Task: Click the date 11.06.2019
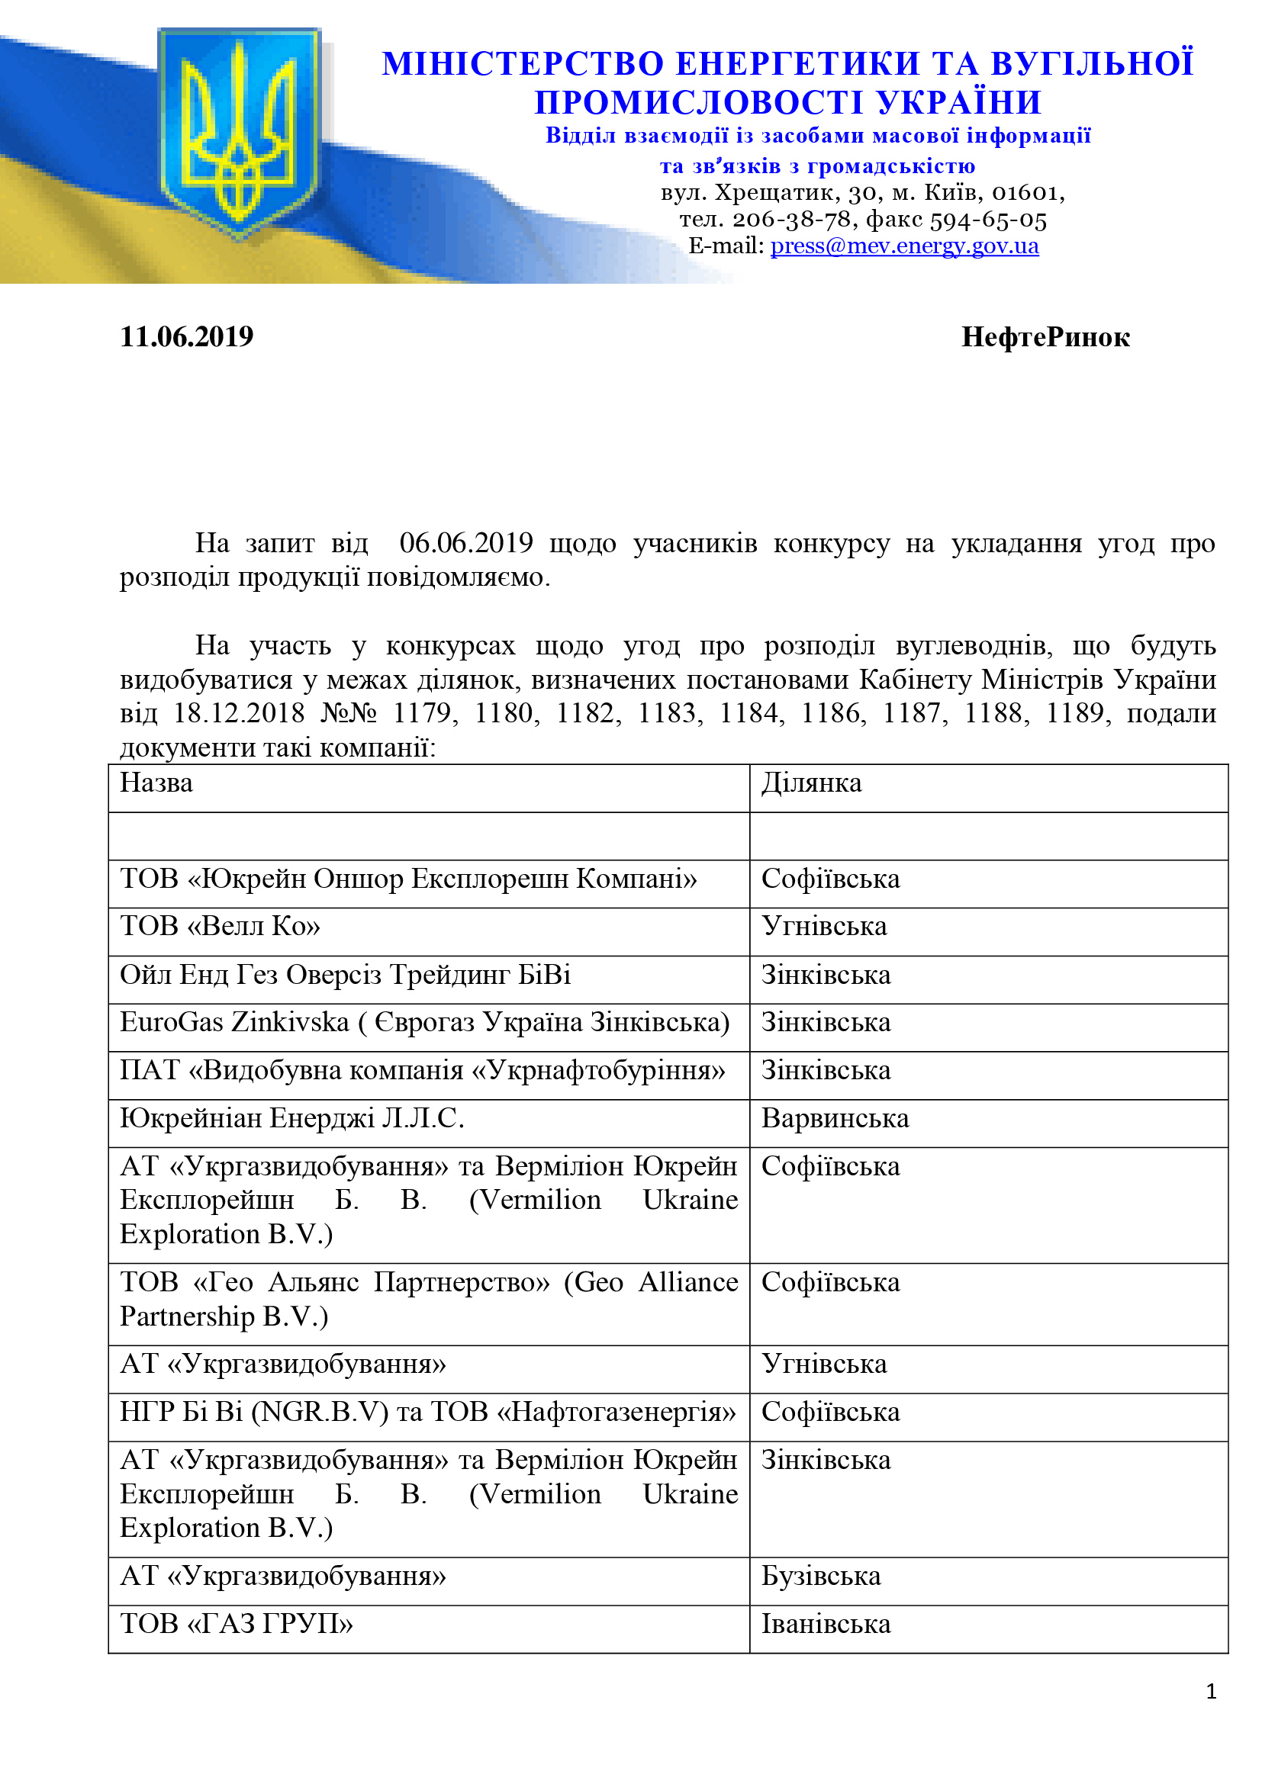tap(186, 337)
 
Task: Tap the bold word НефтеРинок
tap(1045, 337)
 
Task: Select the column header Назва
tap(156, 783)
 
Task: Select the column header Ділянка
tap(811, 783)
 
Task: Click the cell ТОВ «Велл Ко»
tap(220, 926)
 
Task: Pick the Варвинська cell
tap(835, 1118)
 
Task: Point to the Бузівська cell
tap(821, 1576)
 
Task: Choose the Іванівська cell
tap(826, 1624)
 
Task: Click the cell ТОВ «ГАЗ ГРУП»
tap(237, 1624)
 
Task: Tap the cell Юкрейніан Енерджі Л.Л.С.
tap(292, 1118)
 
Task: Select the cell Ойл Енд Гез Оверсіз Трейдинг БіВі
tap(345, 974)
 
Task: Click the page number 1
tap(1211, 1692)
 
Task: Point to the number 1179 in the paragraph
tap(422, 713)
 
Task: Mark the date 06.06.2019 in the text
tap(466, 543)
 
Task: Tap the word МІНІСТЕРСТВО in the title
tap(522, 64)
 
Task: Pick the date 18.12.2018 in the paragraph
tap(239, 713)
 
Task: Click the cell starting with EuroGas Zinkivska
tap(424, 1023)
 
